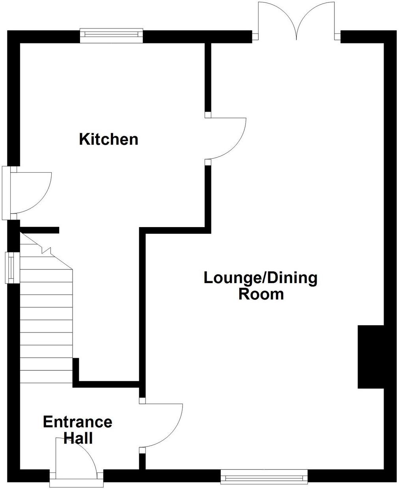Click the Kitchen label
pos(109,140)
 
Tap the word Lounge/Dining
pos(260,278)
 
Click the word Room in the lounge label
pos(261,294)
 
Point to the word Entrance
pos(77,422)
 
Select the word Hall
pos(78,438)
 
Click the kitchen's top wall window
pos(111,35)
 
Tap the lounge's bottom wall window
pos(264,476)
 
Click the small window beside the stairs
pos(12,267)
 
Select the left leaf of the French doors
pos(276,20)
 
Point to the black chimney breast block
pos(371,357)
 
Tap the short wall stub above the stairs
pos(39,230)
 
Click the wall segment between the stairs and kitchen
pos(76,371)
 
